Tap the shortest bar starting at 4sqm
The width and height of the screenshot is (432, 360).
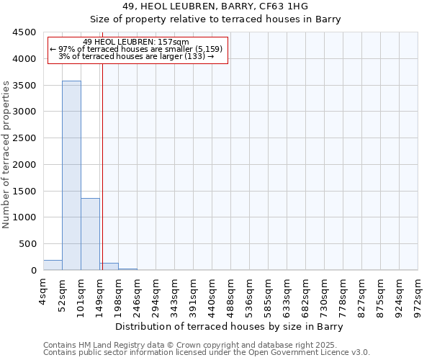click(53, 265)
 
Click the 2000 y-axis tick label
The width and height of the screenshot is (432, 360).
click(24, 165)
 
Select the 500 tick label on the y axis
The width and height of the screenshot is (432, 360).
click(27, 244)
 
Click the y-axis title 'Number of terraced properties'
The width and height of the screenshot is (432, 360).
click(6, 155)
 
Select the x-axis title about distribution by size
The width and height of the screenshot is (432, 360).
click(230, 326)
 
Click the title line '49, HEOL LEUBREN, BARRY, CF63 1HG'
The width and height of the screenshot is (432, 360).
click(215, 6)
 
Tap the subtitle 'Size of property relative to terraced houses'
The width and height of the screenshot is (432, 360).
click(215, 19)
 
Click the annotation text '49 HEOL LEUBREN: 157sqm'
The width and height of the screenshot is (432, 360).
click(136, 42)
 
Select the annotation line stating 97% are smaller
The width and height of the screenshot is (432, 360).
click(136, 49)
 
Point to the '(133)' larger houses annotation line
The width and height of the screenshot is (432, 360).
click(136, 56)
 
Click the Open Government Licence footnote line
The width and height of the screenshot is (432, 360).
click(206, 353)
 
